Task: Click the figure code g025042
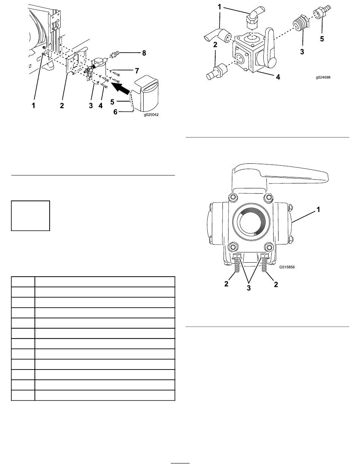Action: (151, 115)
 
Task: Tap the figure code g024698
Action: (323, 77)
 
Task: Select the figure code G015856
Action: (287, 267)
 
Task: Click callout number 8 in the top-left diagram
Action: (144, 53)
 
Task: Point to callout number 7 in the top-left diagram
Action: (137, 70)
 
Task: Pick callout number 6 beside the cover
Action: (115, 112)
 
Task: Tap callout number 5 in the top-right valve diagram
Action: (322, 39)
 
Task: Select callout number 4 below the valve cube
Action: (278, 77)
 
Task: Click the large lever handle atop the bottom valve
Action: (280, 177)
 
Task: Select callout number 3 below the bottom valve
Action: (249, 288)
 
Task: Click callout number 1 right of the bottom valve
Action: (318, 210)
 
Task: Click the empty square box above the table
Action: (30, 216)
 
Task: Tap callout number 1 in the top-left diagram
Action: (33, 106)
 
